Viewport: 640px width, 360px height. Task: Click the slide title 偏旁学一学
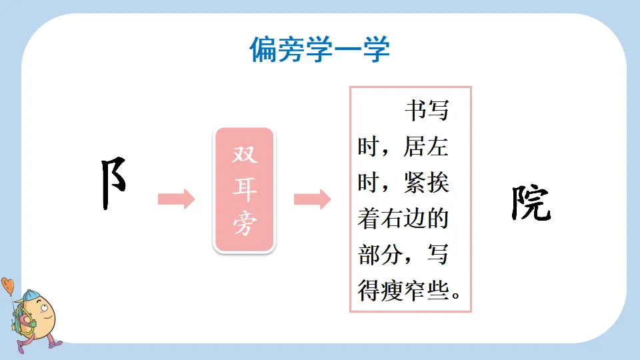point(320,50)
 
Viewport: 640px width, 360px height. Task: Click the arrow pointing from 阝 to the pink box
point(176,199)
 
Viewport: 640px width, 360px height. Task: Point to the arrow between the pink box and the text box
point(312,199)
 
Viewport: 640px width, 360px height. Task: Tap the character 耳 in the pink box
point(243,190)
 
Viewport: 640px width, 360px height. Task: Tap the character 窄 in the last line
point(415,291)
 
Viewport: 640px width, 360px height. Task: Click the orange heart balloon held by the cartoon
point(7,286)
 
